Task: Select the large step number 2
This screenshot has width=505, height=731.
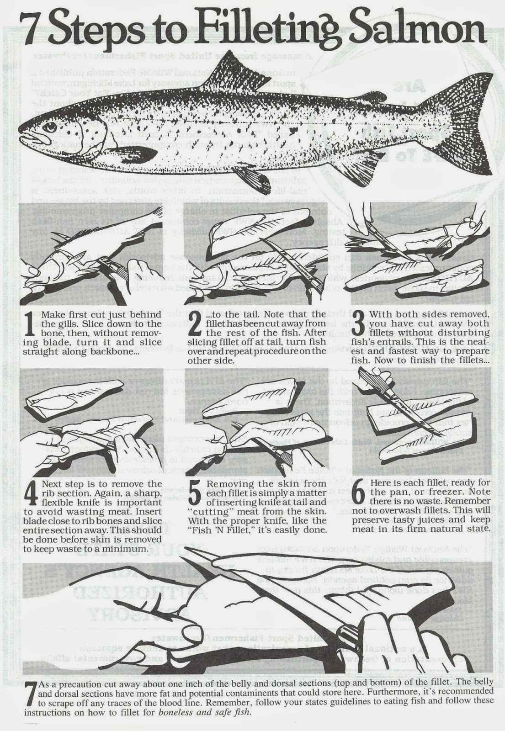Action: (x=194, y=327)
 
